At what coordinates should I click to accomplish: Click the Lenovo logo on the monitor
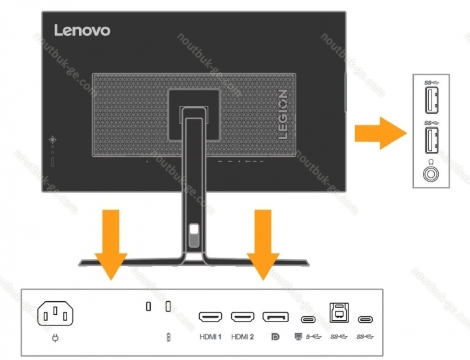pyautogui.click(x=82, y=30)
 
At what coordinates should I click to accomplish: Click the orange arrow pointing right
pyautogui.click(x=378, y=133)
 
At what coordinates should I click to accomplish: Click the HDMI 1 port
pyautogui.click(x=211, y=318)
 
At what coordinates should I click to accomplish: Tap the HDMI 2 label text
pyautogui.click(x=242, y=337)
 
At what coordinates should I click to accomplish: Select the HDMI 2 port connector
pyautogui.click(x=242, y=318)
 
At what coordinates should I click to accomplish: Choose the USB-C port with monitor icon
pyautogui.click(x=309, y=319)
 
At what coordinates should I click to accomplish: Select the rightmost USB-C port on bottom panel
pyautogui.click(x=367, y=319)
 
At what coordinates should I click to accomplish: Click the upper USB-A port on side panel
pyautogui.click(x=430, y=101)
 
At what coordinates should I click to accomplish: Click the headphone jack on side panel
pyautogui.click(x=430, y=174)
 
